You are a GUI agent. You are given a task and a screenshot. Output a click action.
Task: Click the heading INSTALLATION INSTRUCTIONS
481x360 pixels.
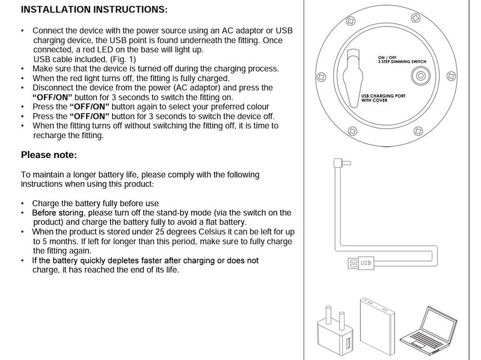[94, 10]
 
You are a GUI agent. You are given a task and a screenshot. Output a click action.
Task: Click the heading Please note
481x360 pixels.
[49, 155]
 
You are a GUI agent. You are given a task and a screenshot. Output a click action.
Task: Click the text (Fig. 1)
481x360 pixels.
[123, 59]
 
